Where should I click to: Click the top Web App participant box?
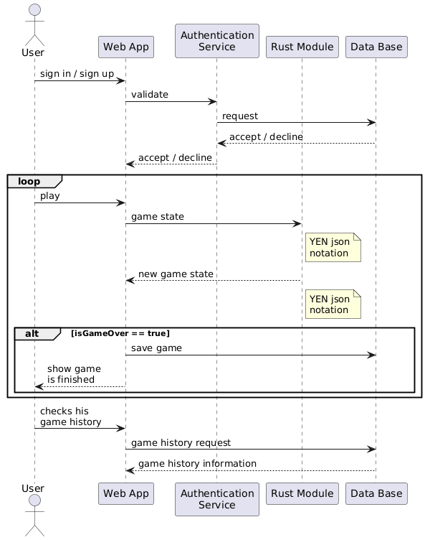(x=125, y=47)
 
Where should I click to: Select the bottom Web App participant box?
(x=125, y=493)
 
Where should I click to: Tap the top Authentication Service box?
(x=216, y=41)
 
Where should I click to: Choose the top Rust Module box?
(x=302, y=47)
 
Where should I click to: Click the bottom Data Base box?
(x=376, y=493)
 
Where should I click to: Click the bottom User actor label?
(x=34, y=488)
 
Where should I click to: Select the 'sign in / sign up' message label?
(x=77, y=74)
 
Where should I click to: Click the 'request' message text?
(x=240, y=116)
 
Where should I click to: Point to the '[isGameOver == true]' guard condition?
(x=120, y=334)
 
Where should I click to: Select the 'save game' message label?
(x=156, y=348)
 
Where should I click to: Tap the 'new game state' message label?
(x=176, y=274)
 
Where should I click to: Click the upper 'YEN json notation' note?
(x=333, y=248)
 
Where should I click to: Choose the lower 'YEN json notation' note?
(x=333, y=304)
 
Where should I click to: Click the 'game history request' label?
(x=181, y=442)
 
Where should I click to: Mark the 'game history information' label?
(x=197, y=464)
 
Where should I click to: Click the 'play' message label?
(x=50, y=195)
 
